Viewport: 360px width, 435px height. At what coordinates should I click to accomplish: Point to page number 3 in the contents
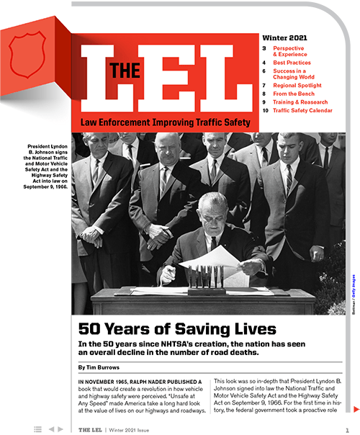point(264,47)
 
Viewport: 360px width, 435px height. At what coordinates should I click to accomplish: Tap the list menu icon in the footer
point(37,429)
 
